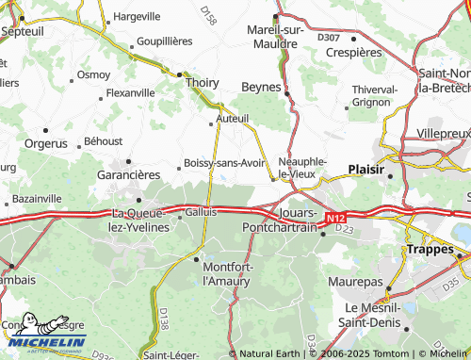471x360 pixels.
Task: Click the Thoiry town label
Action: click(x=203, y=82)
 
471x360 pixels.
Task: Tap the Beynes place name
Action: click(x=262, y=86)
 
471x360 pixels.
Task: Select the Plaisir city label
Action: click(x=365, y=170)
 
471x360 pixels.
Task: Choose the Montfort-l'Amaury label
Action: click(x=229, y=273)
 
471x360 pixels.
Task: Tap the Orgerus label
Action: click(x=44, y=145)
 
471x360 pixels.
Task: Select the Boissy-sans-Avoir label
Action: click(x=224, y=162)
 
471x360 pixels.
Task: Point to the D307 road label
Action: click(x=329, y=37)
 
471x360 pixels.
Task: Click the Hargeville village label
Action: click(x=136, y=17)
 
